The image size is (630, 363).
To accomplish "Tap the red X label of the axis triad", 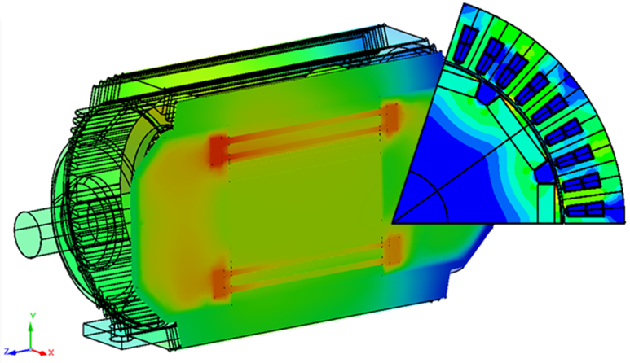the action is point(51,352).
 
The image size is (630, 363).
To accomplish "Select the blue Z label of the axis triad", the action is point(7,352).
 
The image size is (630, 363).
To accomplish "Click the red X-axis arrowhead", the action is point(43,353).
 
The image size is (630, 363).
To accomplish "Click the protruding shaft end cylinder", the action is point(33,234).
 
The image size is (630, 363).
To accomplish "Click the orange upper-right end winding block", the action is point(390,117).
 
